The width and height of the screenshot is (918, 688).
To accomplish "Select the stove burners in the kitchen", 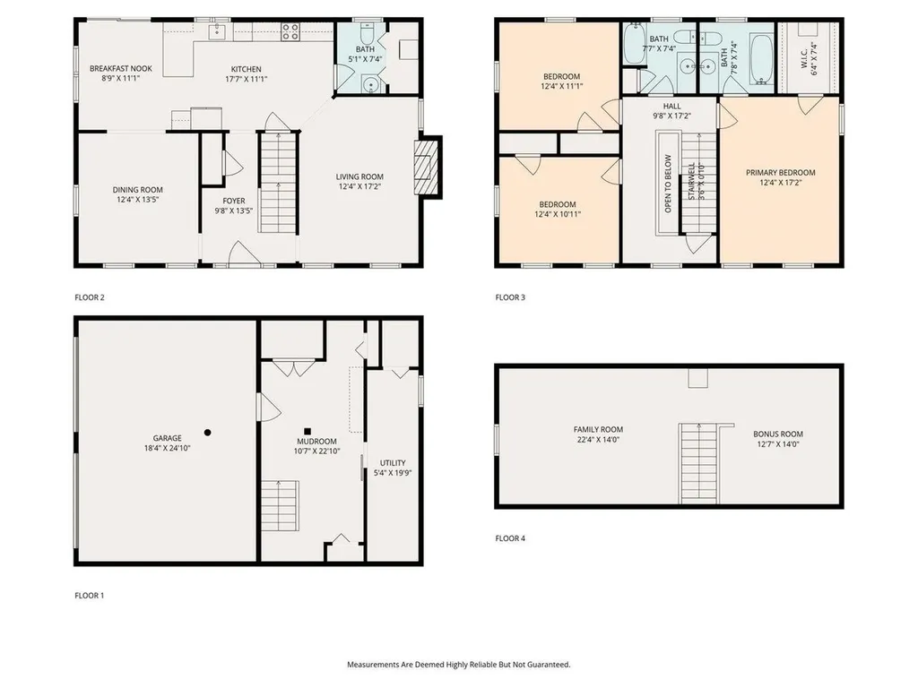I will click(x=291, y=32).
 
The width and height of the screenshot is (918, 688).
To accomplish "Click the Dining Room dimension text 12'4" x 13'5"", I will click(x=137, y=200).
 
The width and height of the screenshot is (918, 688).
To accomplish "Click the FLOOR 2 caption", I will click(x=91, y=297).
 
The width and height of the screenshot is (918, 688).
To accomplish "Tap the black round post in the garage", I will click(x=207, y=432).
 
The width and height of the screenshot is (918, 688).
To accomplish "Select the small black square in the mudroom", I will click(x=307, y=429).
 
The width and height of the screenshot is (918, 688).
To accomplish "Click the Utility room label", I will click(x=393, y=462).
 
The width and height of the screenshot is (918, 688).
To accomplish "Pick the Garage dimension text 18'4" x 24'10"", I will click(x=167, y=448).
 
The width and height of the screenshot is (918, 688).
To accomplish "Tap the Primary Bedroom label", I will click(x=781, y=172).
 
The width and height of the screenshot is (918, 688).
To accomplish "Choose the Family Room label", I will click(x=598, y=429).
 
